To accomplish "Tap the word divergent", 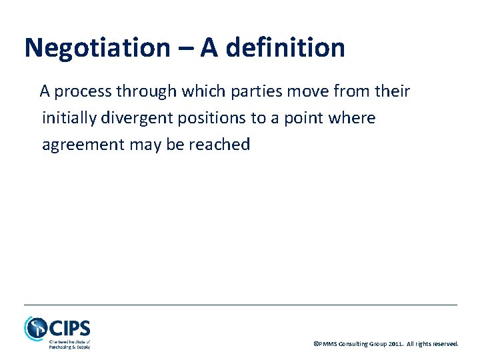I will pyautogui.click(x=137, y=119).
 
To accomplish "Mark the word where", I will pyautogui.click(x=357, y=119).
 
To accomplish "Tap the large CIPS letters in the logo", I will pyautogui.click(x=70, y=329).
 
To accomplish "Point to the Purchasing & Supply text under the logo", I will pyautogui.click(x=69, y=347).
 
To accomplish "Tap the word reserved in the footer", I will pyautogui.click(x=445, y=344).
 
